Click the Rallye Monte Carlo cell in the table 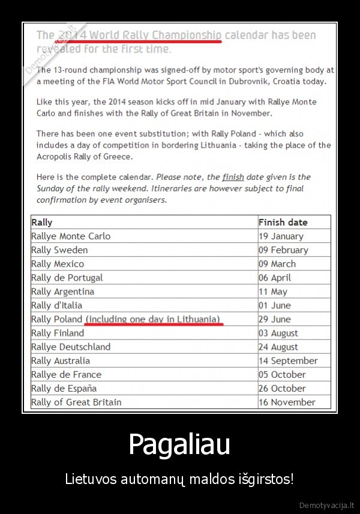71,236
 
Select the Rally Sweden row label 59,250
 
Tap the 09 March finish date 277,264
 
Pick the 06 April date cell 275,278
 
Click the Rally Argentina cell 62,291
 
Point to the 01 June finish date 274,305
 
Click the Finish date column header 283,223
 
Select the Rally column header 42,223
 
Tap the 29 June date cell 274,319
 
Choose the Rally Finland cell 58,333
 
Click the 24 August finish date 278,347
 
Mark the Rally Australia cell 61,360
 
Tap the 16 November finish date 287,402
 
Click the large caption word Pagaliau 180,444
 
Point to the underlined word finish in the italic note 233,177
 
